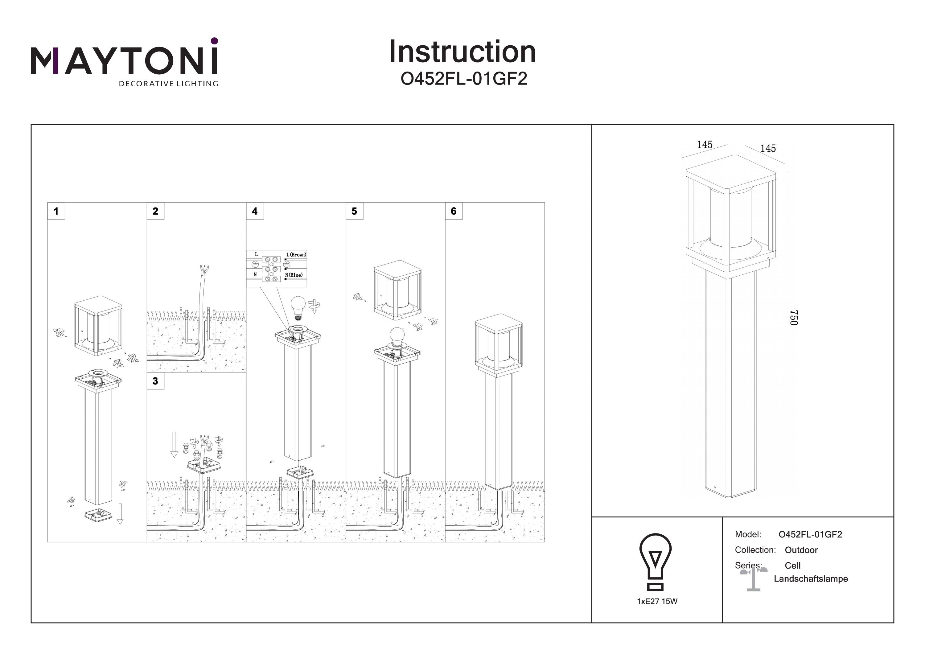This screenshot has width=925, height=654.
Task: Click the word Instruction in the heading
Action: coord(462,52)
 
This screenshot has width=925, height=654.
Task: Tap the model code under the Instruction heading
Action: coord(463,79)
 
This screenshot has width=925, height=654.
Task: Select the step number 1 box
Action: coord(56,211)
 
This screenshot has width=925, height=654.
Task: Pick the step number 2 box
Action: coord(155,211)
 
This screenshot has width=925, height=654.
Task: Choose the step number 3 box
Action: coord(155,381)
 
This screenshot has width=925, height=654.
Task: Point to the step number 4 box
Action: coord(255,211)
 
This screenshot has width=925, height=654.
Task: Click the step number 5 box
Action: coord(354,211)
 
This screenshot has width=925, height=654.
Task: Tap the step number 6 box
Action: coord(454,211)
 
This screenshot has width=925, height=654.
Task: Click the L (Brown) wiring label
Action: coord(296,255)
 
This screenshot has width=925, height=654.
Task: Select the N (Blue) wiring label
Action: coord(294,275)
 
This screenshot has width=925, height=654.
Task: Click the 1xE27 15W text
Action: coord(657,602)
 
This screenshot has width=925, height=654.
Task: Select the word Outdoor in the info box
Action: coord(801,550)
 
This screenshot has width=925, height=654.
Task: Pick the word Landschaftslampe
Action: coord(811,579)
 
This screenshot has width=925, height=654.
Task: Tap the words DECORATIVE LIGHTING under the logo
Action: coord(168,84)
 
